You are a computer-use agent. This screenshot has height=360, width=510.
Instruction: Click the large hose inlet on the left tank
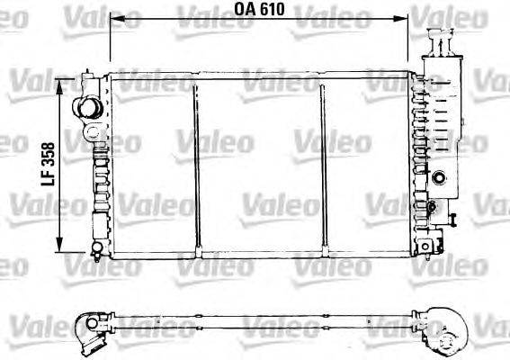tap(87, 108)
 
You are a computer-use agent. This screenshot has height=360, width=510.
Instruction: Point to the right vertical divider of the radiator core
tap(321, 162)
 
